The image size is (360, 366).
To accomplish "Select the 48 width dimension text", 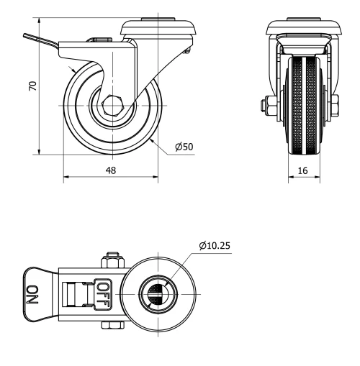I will point(110,170).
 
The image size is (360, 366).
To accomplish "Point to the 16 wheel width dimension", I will point(303,170).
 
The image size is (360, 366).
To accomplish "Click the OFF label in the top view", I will point(104,291).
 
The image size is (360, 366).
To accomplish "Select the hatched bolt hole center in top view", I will point(155,291).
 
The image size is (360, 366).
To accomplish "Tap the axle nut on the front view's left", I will point(264,106).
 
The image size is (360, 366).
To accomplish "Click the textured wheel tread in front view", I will point(303,108).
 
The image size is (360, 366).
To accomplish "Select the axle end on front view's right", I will point(336,106).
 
